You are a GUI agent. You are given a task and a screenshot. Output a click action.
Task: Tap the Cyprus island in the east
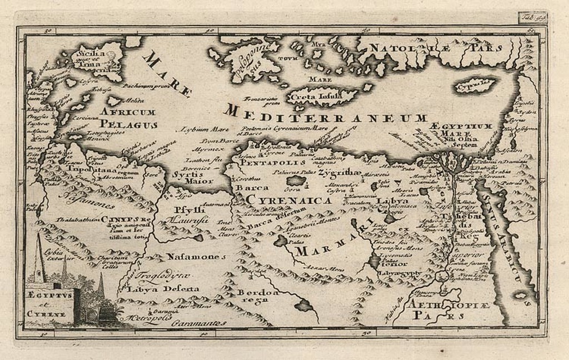[475, 86]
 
